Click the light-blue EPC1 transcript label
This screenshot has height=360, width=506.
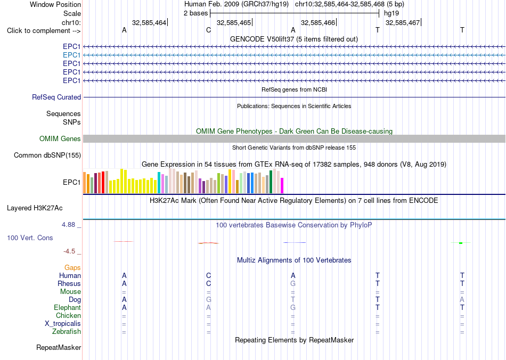pos(72,55)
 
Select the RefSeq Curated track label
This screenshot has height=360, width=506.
pos(56,97)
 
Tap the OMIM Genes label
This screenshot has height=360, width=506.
pos(60,138)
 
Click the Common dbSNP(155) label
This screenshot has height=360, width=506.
pos(47,155)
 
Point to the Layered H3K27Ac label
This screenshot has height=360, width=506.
pos(35,208)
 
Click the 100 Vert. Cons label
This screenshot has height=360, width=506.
pos(30,238)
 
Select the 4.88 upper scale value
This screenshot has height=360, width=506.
pos(68,225)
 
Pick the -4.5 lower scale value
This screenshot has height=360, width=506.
pos(69,251)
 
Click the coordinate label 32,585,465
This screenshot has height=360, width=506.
pos(234,22)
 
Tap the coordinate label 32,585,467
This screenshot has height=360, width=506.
pos(403,22)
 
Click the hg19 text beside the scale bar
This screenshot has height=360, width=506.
pos(391,13)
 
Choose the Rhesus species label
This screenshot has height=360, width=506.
pos(69,283)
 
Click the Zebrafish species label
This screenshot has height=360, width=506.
pos(67,331)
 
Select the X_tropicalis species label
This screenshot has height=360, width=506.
pos(63,324)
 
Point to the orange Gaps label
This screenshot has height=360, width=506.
pos(72,267)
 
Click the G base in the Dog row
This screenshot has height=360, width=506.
pos(208,299)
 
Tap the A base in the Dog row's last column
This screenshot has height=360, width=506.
pos(462,299)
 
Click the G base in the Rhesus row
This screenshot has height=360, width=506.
pos(293,283)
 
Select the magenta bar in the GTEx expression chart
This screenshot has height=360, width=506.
pos(282,185)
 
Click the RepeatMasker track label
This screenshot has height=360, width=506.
pos(59,347)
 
